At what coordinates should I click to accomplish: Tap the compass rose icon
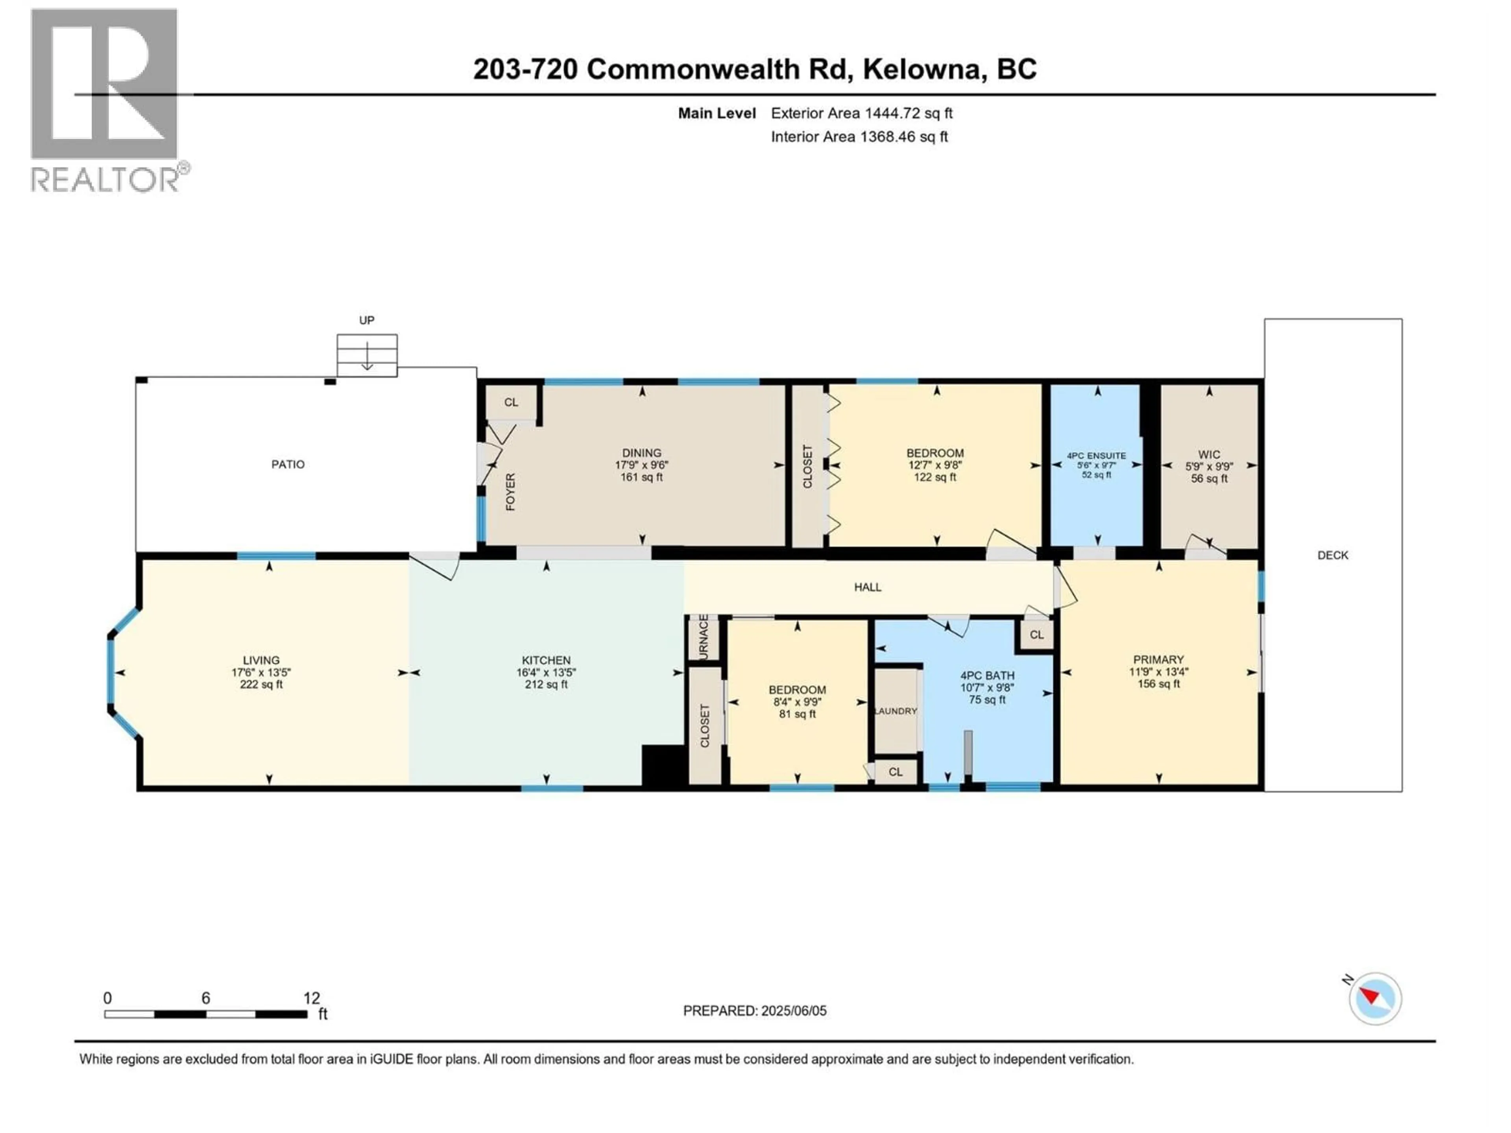1374,998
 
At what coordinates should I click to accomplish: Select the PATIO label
288,464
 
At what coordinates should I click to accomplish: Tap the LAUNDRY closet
896,711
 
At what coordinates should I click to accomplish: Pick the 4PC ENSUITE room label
1096,456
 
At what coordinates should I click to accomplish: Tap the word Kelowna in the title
922,69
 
